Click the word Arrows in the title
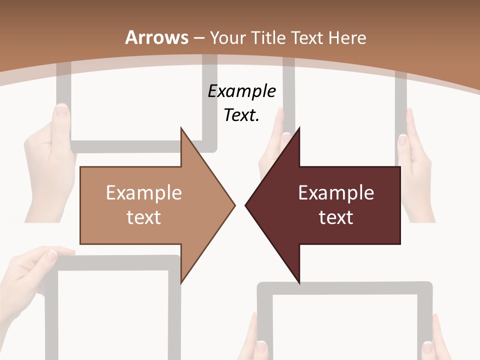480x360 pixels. [156, 37]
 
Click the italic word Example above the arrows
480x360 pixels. [242, 91]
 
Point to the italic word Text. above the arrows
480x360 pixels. [241, 115]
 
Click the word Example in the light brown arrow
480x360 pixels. [143, 192]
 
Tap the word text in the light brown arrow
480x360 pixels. [143, 217]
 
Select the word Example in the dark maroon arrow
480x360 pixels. [336, 192]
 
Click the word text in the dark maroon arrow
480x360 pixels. [336, 217]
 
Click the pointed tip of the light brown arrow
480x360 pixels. [234, 204]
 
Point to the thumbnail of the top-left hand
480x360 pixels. [62, 109]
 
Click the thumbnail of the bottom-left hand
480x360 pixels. [51, 255]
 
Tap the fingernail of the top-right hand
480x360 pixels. [403, 139]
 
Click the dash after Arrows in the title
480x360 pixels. [199, 38]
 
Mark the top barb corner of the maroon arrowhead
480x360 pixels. [299, 128]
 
